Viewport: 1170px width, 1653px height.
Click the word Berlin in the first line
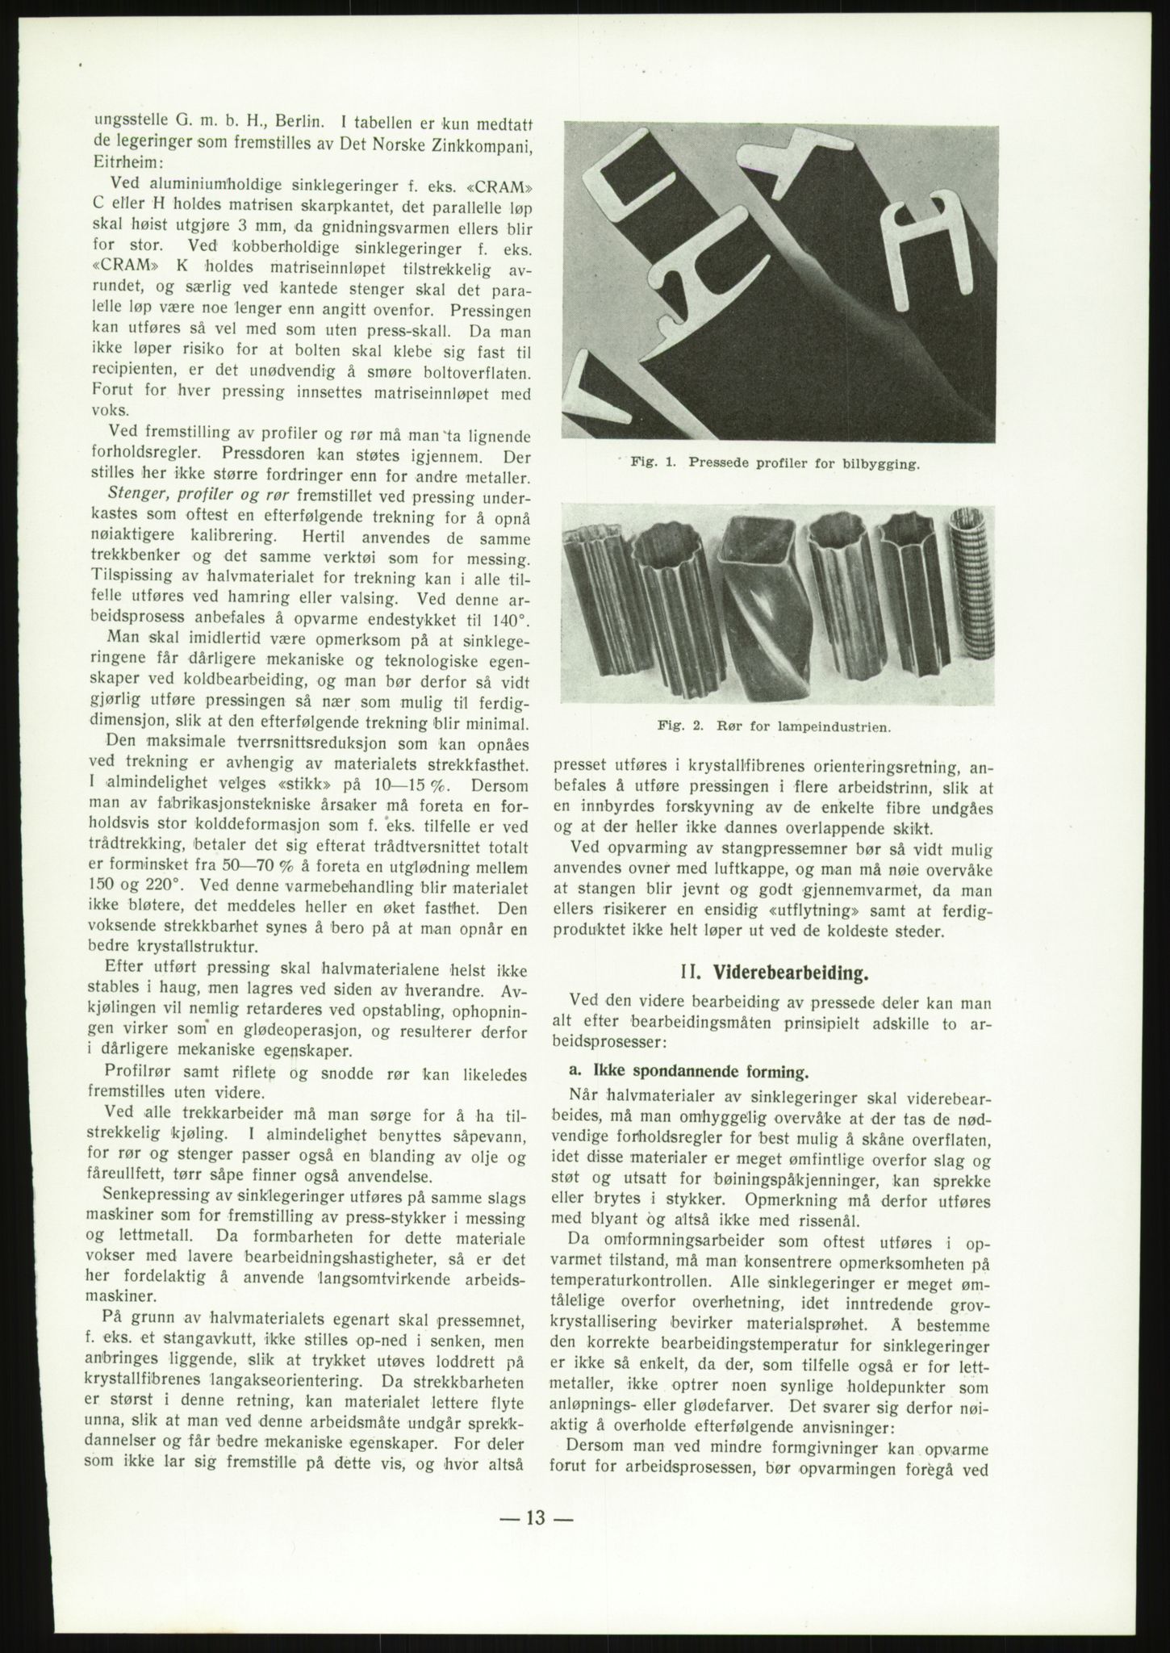(x=301, y=122)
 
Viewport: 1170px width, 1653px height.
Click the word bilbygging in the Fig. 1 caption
(x=876, y=464)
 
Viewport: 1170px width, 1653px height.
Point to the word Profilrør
(x=139, y=1074)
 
